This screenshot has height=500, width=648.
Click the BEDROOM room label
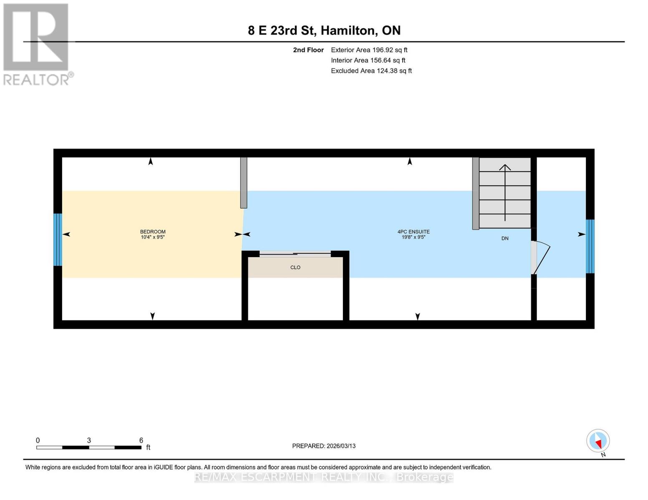pyautogui.click(x=153, y=232)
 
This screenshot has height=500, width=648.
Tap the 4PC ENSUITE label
pyautogui.click(x=413, y=232)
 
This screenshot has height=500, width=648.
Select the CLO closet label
pyautogui.click(x=295, y=267)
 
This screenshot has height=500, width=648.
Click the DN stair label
pyautogui.click(x=505, y=238)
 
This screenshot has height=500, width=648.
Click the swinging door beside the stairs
pyautogui.click(x=541, y=257)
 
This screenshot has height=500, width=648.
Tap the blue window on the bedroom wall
pyautogui.click(x=58, y=240)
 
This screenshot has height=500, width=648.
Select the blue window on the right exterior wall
pyautogui.click(x=590, y=246)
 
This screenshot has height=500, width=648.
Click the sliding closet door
pyautogui.click(x=295, y=253)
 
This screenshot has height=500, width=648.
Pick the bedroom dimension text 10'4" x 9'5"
pyautogui.click(x=153, y=237)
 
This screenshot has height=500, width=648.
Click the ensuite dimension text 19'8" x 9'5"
pyautogui.click(x=413, y=237)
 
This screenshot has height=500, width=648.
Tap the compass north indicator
pyautogui.click(x=598, y=441)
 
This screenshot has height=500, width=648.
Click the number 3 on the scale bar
pyautogui.click(x=89, y=440)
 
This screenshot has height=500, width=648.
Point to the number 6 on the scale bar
pyautogui.click(x=141, y=440)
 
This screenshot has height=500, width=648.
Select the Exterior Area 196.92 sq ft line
pyautogui.click(x=369, y=50)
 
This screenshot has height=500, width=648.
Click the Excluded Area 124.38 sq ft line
pyautogui.click(x=371, y=71)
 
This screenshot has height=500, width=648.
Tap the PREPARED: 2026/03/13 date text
pyautogui.click(x=324, y=446)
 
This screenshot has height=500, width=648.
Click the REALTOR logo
pyautogui.click(x=37, y=44)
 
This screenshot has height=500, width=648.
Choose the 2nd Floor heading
pyautogui.click(x=308, y=50)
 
